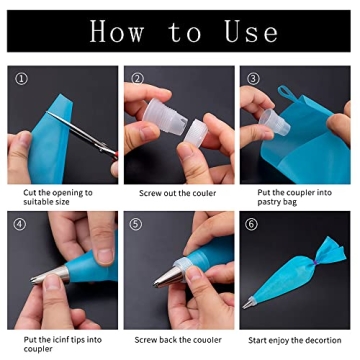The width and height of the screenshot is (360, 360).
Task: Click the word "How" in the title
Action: [x=116, y=31]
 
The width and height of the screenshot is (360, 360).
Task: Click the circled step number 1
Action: [x=22, y=79]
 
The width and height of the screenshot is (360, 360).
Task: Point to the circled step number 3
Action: [x=253, y=79]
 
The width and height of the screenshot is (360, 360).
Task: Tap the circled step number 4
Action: [x=22, y=224]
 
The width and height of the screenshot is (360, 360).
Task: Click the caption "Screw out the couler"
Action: [x=178, y=192]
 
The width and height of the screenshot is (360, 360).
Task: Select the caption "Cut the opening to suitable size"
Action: [x=57, y=197]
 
